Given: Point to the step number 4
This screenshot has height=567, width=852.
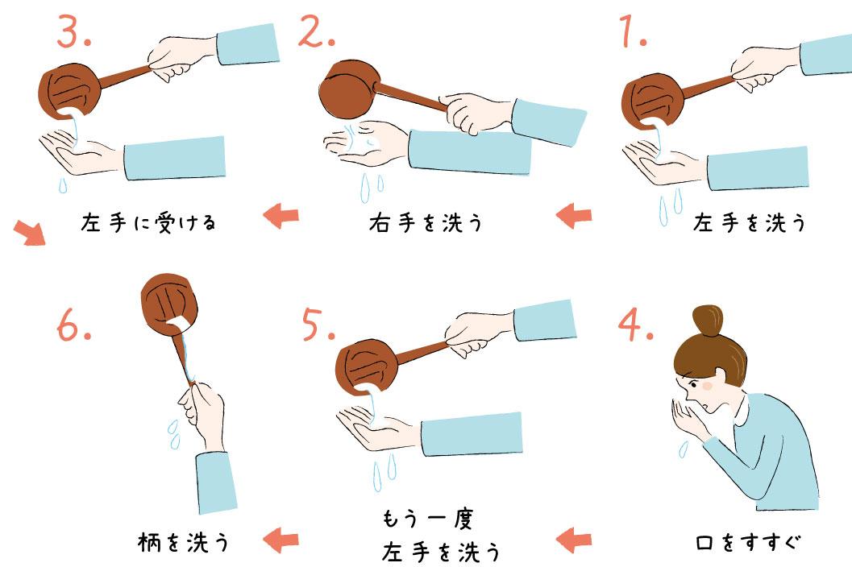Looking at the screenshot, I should coord(638,324).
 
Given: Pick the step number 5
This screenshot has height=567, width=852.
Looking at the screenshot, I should coord(319,324).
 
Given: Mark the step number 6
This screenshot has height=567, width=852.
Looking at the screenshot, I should coord(74,324).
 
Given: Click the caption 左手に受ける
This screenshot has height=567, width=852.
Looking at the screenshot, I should coord(149,222).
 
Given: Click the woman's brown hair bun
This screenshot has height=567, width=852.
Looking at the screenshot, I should coord(709,320).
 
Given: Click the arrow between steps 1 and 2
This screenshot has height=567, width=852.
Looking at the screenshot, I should coord(574,216).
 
